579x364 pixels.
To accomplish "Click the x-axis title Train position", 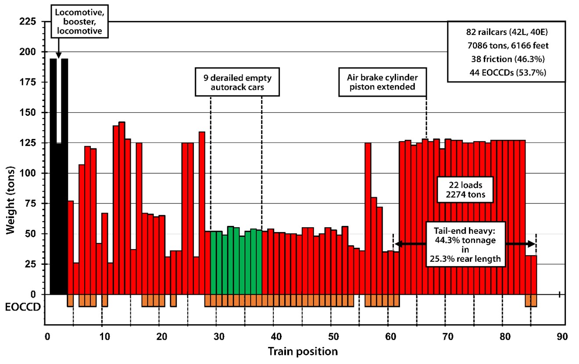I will click(303, 351).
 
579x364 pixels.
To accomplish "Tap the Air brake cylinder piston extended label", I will click(382, 82).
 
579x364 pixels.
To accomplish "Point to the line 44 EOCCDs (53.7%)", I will click(506, 73).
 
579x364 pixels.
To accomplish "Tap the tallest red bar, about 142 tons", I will click(122, 206).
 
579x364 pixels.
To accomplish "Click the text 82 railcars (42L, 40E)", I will click(506, 32).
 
